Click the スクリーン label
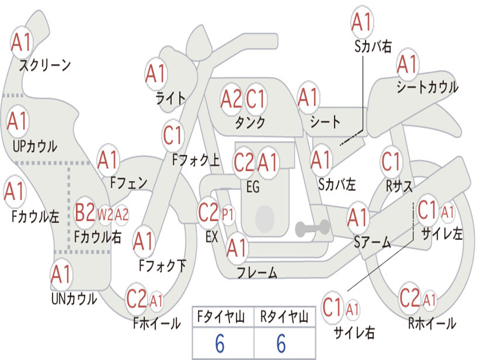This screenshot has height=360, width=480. coord(45,65)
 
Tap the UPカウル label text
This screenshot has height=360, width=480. coord(35,146)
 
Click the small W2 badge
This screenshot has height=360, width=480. coord(105,214)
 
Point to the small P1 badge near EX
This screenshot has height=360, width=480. coord(228,214)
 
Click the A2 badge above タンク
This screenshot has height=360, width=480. coord(231,99)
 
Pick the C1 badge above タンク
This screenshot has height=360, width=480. coord(255,99)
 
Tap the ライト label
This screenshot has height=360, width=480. coord(171,98)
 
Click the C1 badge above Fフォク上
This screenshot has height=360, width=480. coord(172,135)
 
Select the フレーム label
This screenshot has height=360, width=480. coord(257,272)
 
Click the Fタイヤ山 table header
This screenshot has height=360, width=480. coord(221,317)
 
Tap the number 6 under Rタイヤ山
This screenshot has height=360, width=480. coord(281,344)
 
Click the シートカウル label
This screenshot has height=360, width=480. coord(427,87)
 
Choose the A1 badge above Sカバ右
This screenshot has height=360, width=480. coord(362,22)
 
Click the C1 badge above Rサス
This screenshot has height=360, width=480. coord(391,161)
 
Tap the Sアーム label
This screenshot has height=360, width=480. coord(373,242)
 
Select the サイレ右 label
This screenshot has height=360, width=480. coord(354,332)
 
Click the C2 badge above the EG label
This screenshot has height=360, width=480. coord(244,162)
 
